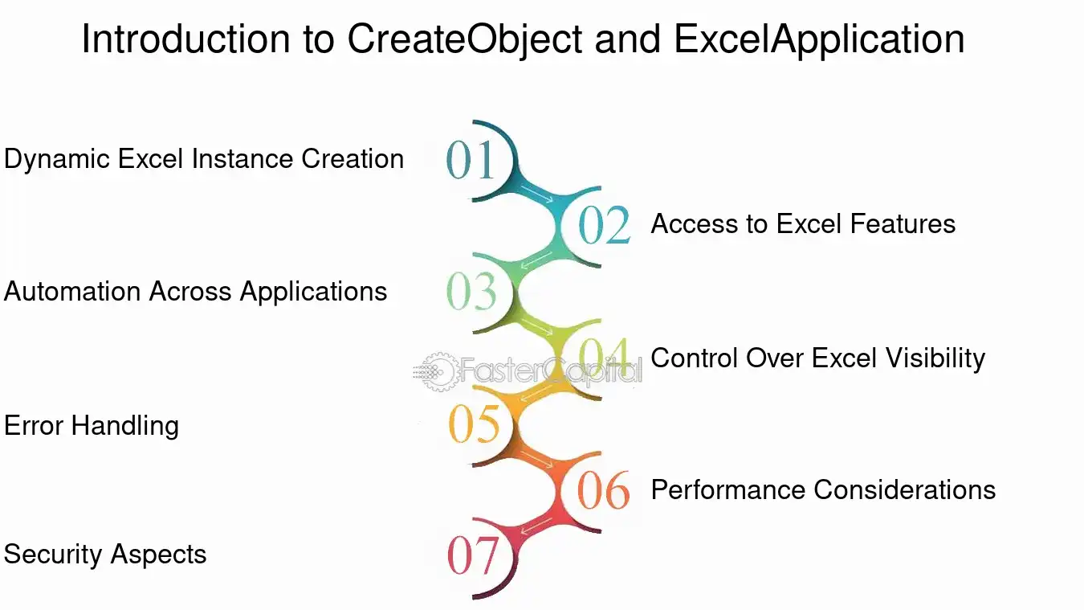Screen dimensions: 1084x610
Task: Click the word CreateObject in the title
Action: pyautogui.click(x=465, y=39)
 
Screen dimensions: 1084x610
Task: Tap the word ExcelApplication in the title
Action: pyautogui.click(x=819, y=39)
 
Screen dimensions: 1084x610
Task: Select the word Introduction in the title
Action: pyautogui.click(x=185, y=39)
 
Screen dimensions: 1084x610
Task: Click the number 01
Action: pyautogui.click(x=470, y=160)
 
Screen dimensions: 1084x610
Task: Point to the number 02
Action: pyautogui.click(x=605, y=224)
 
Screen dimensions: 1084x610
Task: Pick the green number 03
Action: pyautogui.click(x=471, y=291)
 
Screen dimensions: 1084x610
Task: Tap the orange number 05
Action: pyautogui.click(x=474, y=424)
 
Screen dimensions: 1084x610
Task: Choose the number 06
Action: pyautogui.click(x=604, y=489)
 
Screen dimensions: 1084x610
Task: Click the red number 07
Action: pyautogui.click(x=473, y=555)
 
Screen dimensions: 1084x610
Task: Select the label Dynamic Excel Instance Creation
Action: pyautogui.click(x=204, y=159)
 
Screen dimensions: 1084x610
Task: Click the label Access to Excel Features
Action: pyautogui.click(x=803, y=224)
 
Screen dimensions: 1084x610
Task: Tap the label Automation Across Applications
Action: pyautogui.click(x=195, y=293)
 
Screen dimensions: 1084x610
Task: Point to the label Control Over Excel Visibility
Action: pyautogui.click(x=818, y=358)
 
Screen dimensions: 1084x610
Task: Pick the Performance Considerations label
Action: pyautogui.click(x=823, y=489)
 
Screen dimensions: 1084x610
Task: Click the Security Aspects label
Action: pyautogui.click(x=105, y=555)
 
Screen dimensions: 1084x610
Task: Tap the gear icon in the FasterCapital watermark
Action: pyautogui.click(x=439, y=372)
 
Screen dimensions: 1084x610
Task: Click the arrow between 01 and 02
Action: pyautogui.click(x=536, y=194)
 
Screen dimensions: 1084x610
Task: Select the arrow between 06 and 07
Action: pyautogui.click(x=536, y=526)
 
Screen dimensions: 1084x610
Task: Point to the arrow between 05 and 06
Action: pyautogui.click(x=536, y=460)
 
